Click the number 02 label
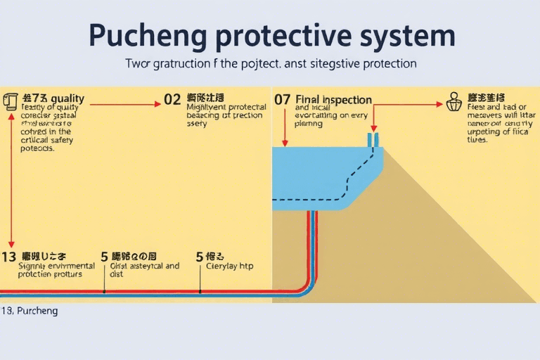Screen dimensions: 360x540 [172, 100]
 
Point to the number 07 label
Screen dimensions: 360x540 [282, 100]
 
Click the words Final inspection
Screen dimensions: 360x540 [334, 100]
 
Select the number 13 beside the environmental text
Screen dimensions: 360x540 [8, 257]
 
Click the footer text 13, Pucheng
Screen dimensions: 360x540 [30, 310]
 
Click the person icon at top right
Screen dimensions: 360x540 [454, 102]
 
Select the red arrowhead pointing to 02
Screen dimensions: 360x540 [158, 103]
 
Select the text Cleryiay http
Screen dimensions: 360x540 [229, 266]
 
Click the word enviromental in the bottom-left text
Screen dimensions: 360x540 [69, 266]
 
